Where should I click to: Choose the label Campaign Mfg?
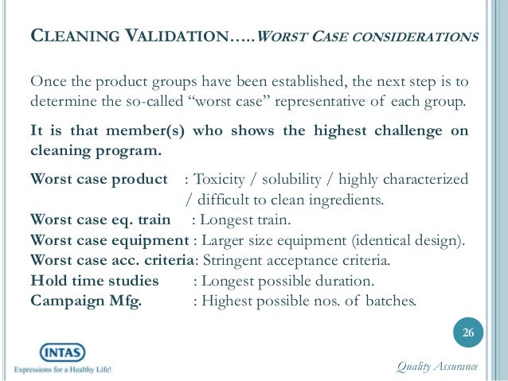(x=85, y=301)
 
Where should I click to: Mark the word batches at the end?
(x=386, y=301)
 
